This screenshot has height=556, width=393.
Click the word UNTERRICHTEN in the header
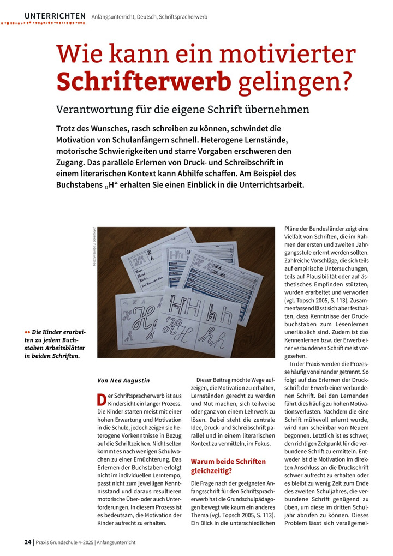coord(55,16)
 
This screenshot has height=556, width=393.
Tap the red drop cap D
coord(101,399)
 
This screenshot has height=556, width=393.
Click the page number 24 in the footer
coord(27,542)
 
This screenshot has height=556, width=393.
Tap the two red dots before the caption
coord(27,332)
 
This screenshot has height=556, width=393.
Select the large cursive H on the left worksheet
coord(135,318)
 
